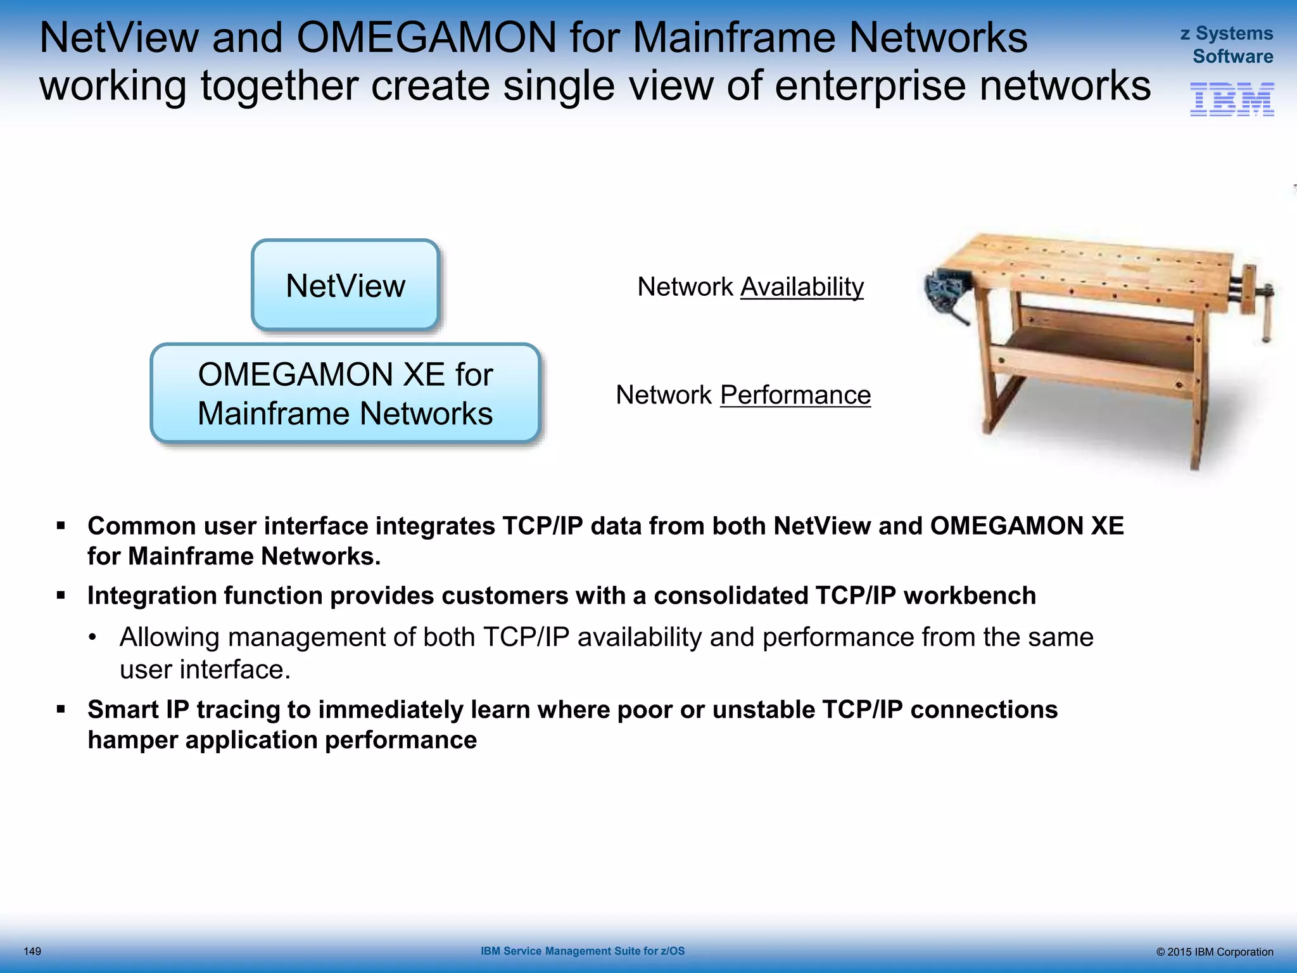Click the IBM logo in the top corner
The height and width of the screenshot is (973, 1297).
click(x=1232, y=99)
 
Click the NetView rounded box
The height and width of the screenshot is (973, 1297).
click(x=345, y=285)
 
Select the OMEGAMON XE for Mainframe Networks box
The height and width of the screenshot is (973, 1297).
click(x=345, y=393)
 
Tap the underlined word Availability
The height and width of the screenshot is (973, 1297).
click(x=802, y=287)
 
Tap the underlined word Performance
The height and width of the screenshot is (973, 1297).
click(x=795, y=395)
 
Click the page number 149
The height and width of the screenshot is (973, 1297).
click(x=32, y=951)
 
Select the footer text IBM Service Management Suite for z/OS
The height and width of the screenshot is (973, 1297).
click(x=583, y=951)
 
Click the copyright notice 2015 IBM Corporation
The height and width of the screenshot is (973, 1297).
click(x=1214, y=952)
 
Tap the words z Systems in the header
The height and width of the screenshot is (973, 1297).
click(x=1227, y=34)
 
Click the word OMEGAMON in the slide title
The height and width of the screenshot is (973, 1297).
click(x=426, y=38)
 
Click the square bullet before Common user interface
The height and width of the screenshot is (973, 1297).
click(x=61, y=526)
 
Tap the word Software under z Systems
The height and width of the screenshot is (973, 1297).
click(x=1232, y=56)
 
